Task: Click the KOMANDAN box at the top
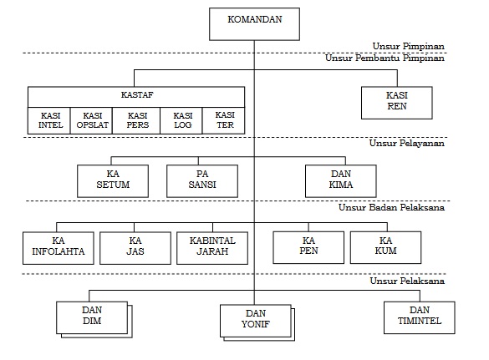tap(254, 24)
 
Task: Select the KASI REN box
tap(397, 103)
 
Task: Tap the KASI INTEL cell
tap(49, 120)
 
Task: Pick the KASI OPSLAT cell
tap(91, 120)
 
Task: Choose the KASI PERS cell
tap(136, 120)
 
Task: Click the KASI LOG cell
tap(181, 120)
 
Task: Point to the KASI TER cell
tap(224, 120)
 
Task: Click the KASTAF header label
tap(137, 94)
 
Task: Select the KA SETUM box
tap(113, 181)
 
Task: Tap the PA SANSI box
tap(202, 181)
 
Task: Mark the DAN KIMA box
tap(341, 181)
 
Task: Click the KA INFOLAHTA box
tap(59, 248)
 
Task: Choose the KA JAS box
tap(135, 248)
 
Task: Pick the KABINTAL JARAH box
tap(212, 248)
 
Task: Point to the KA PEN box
tap(308, 247)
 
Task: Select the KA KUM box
tap(386, 247)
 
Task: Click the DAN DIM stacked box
tap(92, 318)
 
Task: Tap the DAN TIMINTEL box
tap(420, 317)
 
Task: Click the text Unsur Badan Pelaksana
tap(392, 208)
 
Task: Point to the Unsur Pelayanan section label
tap(407, 144)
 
